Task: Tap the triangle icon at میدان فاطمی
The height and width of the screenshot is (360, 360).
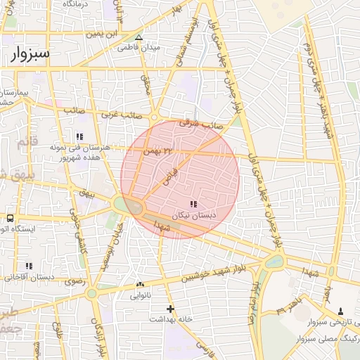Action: tap(139, 37)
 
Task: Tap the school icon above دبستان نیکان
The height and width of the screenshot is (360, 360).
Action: tap(193, 204)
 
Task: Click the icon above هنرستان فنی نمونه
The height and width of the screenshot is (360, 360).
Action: tap(79, 136)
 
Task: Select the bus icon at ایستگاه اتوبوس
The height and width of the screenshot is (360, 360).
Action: tap(10, 218)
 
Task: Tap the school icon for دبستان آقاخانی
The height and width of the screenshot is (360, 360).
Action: tap(29, 266)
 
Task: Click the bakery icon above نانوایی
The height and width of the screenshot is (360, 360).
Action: tap(139, 285)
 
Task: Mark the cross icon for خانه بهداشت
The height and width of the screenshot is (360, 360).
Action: tap(169, 308)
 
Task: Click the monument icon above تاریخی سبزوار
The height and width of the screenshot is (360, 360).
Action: tap(341, 311)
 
